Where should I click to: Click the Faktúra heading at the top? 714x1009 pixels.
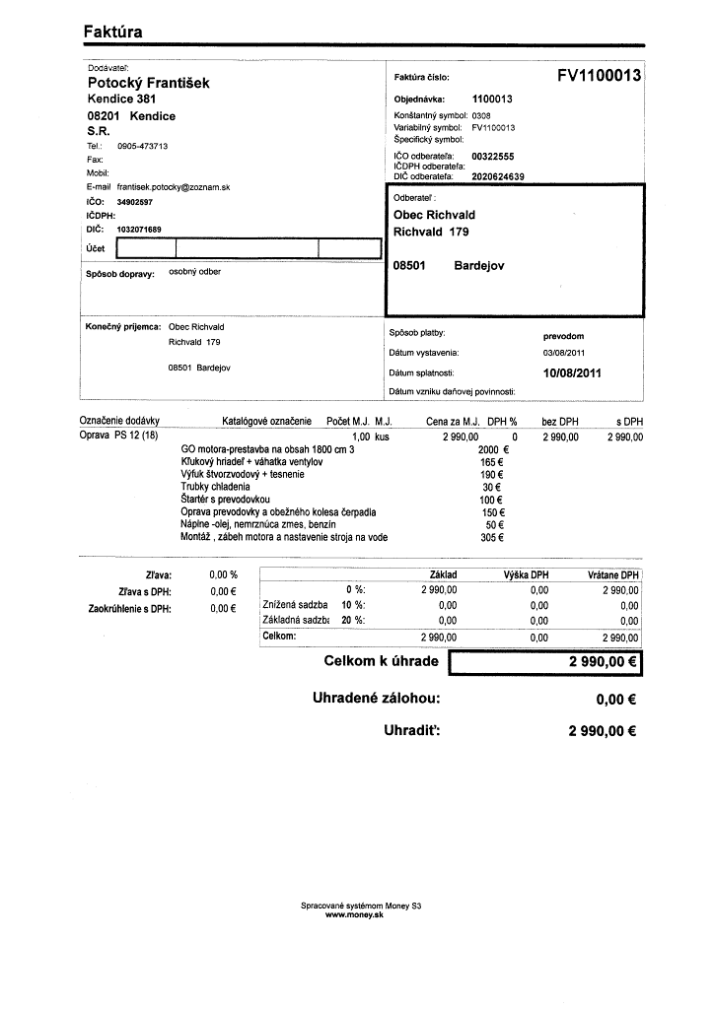pyautogui.click(x=112, y=32)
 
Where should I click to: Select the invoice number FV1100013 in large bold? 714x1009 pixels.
pyautogui.click(x=599, y=76)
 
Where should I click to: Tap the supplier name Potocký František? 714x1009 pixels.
pyautogui.click(x=148, y=84)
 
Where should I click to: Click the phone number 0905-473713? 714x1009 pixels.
pyautogui.click(x=142, y=146)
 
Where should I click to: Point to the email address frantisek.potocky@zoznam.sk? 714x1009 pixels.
pyautogui.click(x=173, y=186)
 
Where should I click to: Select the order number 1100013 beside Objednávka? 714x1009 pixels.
pyautogui.click(x=492, y=100)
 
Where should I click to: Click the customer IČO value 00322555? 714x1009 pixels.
pyautogui.click(x=492, y=157)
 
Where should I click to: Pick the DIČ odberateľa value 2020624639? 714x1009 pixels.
pyautogui.click(x=498, y=177)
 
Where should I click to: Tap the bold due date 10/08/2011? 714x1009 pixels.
pyautogui.click(x=572, y=373)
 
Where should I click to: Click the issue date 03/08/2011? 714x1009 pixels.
pyautogui.click(x=564, y=353)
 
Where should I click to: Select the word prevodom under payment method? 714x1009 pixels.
pyautogui.click(x=563, y=336)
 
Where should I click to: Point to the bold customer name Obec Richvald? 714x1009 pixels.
pyautogui.click(x=434, y=215)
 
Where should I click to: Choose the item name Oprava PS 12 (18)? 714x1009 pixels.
pyautogui.click(x=117, y=436)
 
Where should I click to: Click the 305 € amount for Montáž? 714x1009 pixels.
pyautogui.click(x=492, y=538)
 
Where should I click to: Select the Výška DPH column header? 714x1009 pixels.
pyautogui.click(x=526, y=574)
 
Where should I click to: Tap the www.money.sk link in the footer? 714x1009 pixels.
pyautogui.click(x=354, y=915)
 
